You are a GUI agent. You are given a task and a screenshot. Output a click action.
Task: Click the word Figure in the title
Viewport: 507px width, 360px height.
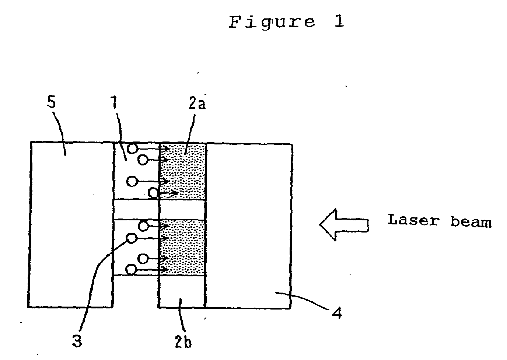tap(272, 22)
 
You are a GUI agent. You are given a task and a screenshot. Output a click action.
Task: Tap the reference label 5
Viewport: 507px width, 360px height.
tap(52, 102)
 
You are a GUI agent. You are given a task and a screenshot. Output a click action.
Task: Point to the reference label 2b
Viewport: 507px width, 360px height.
tap(183, 342)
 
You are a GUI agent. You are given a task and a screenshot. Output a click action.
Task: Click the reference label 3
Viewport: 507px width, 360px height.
tap(77, 341)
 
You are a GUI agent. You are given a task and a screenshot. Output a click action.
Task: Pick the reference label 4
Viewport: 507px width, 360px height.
tap(337, 314)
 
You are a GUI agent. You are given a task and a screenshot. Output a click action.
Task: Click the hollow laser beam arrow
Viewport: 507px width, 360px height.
tap(344, 225)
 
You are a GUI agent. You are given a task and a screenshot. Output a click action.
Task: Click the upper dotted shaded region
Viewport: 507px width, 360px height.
tap(183, 171)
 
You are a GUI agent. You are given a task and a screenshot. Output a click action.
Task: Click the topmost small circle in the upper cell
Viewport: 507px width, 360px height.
tap(132, 149)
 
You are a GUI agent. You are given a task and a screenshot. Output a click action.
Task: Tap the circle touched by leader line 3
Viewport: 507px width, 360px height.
tap(132, 238)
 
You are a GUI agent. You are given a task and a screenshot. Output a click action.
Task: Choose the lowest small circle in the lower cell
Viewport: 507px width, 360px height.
tap(130, 270)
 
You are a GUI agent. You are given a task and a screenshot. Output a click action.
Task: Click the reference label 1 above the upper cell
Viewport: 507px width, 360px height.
tap(115, 102)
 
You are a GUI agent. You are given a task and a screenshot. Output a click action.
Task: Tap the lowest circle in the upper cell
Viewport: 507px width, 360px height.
tap(153, 193)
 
